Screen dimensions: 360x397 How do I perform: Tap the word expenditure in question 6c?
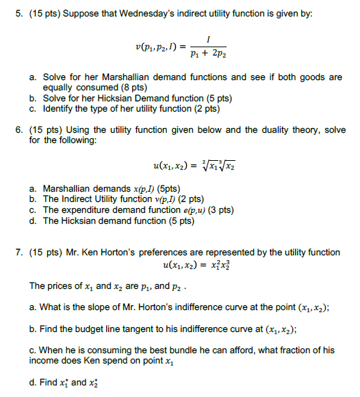pos(88,209)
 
